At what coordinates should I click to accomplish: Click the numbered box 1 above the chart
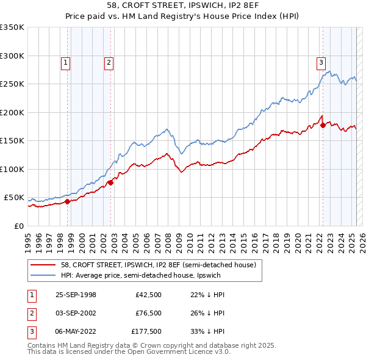click(x=65, y=62)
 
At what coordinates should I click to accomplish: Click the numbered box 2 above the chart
click(x=109, y=62)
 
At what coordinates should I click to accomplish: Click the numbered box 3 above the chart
click(x=321, y=62)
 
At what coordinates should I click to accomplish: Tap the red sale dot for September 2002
click(x=110, y=182)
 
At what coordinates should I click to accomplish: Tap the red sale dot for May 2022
click(x=323, y=126)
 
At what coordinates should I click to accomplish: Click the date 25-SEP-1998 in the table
click(x=76, y=295)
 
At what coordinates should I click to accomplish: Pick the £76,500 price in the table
click(x=148, y=313)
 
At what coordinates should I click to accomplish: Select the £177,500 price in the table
click(x=146, y=332)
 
